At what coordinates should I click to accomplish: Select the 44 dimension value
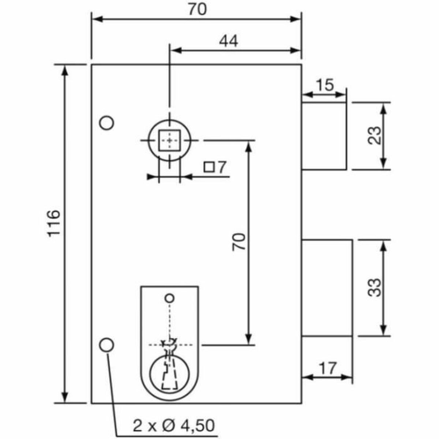[229, 41]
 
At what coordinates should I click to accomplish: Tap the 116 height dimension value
[53, 224]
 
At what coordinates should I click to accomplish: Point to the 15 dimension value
[324, 85]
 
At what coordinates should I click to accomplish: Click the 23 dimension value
[375, 136]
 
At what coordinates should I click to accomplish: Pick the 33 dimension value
[375, 288]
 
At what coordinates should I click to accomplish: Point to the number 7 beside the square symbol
[221, 168]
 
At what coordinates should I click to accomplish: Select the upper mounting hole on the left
[107, 123]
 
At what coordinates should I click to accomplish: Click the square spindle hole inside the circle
[169, 140]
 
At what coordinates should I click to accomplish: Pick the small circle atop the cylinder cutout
[169, 298]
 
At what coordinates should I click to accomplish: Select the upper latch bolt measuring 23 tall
[324, 136]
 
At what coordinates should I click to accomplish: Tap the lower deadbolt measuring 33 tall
[327, 288]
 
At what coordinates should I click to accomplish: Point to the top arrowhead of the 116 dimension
[65, 70]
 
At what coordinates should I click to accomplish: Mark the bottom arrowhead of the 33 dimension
[383, 331]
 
